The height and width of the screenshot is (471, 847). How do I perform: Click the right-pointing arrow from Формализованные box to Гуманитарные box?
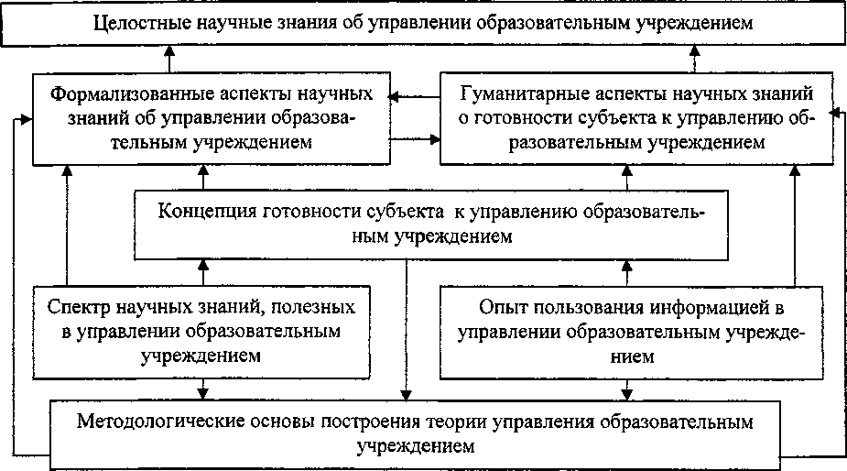tap(416, 140)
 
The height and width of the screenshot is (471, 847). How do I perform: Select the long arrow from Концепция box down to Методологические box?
tap(406, 330)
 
